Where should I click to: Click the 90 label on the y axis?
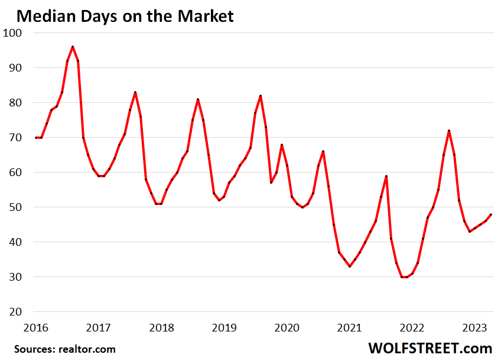(x=14, y=68)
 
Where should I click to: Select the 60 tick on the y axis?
(x=14, y=173)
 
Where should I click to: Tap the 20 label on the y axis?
(x=14, y=312)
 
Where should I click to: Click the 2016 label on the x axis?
(x=36, y=327)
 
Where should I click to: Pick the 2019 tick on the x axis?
(x=224, y=327)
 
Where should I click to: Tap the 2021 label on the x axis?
(x=349, y=327)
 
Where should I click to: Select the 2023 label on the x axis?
(x=474, y=327)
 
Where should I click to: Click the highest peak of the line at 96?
(x=73, y=47)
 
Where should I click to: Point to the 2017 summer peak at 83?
(x=135, y=92)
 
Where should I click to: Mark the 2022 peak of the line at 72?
(x=449, y=131)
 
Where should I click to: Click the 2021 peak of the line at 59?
(x=386, y=176)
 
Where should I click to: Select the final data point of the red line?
(x=492, y=214)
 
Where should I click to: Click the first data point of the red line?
(x=36, y=138)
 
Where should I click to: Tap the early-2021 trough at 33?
(x=350, y=266)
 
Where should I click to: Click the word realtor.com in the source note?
(x=87, y=349)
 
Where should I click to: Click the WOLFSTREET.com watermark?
(x=430, y=347)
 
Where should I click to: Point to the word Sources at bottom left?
(x=34, y=349)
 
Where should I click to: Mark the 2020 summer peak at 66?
(x=323, y=151)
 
